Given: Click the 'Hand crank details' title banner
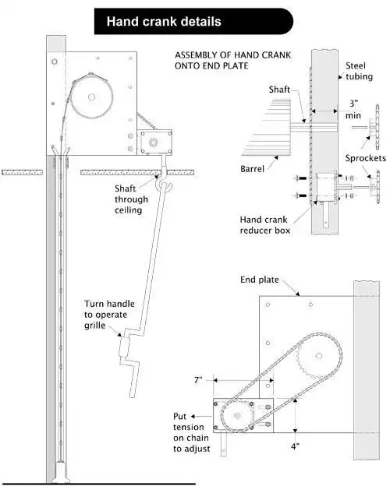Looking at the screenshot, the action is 193,21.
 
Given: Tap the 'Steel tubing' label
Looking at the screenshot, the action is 359,71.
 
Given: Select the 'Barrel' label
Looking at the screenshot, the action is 252,169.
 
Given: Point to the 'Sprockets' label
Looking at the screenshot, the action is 366,158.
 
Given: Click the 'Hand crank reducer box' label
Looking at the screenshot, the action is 265,225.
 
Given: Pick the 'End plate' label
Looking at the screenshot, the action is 260,280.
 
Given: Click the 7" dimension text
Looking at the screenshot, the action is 198,380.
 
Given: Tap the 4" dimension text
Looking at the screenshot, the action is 296,446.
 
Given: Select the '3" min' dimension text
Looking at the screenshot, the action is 353,109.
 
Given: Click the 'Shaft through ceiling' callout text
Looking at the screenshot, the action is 131,199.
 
